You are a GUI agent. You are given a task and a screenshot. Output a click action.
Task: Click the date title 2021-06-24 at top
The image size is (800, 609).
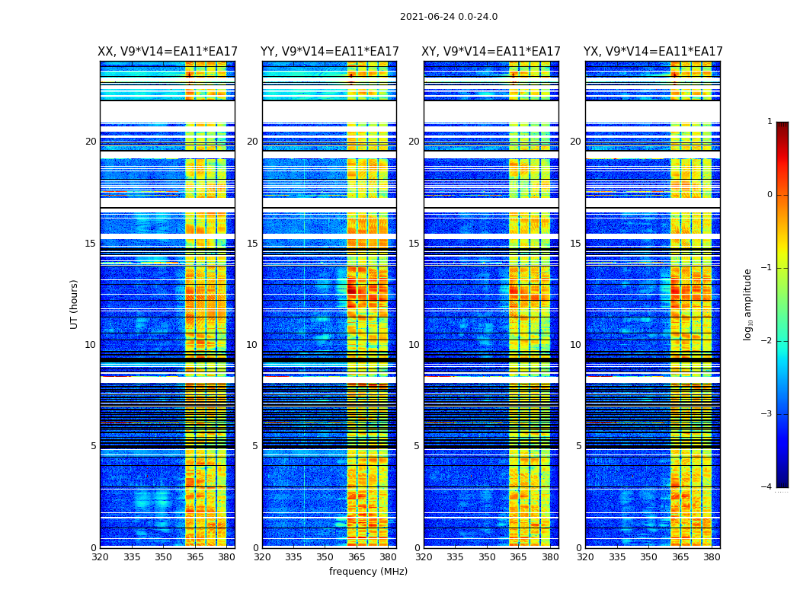coord(448,17)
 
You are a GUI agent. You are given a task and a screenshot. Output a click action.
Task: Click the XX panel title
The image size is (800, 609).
coord(168,52)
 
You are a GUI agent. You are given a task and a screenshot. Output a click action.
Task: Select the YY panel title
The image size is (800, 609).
coord(329,52)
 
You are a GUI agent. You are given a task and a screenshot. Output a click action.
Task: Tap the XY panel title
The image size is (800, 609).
coord(491,52)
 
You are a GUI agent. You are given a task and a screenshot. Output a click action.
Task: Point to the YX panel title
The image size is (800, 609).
coord(653,52)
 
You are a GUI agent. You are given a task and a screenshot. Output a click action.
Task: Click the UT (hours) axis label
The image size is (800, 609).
coord(75,304)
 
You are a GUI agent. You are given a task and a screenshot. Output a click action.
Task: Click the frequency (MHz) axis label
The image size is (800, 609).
coord(368,572)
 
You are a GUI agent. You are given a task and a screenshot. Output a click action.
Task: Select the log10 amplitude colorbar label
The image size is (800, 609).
coord(748,304)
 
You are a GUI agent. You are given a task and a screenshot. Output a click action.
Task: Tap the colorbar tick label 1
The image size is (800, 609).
coord(770,122)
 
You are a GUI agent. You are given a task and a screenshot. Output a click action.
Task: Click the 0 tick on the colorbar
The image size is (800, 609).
coord(770,195)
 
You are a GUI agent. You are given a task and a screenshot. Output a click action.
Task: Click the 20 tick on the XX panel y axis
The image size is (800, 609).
coord(91,142)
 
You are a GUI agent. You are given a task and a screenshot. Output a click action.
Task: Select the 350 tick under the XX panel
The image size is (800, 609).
coord(163,557)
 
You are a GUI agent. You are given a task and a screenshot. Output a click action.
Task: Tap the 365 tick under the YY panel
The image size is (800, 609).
coord(357,557)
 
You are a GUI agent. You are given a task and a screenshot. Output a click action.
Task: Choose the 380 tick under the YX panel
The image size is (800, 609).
coord(712,557)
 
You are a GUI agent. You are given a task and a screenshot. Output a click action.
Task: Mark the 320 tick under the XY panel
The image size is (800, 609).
coord(424,557)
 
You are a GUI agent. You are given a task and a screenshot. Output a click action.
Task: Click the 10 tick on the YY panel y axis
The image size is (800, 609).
coord(252,345)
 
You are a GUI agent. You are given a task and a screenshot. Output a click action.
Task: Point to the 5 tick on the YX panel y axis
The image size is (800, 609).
coord(578,446)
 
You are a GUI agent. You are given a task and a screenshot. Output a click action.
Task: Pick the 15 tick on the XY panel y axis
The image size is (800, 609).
coord(414,244)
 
